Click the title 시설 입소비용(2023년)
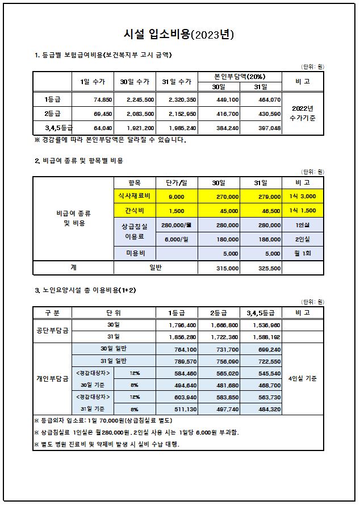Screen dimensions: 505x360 click(x=179, y=35)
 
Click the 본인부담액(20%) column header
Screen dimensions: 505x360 click(x=239, y=76)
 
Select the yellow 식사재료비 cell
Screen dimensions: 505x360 click(x=135, y=196)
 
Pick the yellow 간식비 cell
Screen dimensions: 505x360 click(x=135, y=211)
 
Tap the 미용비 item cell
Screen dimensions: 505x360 click(x=135, y=253)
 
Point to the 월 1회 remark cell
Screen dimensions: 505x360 click(x=302, y=253)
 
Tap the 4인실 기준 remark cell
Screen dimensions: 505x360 click(x=302, y=378)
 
